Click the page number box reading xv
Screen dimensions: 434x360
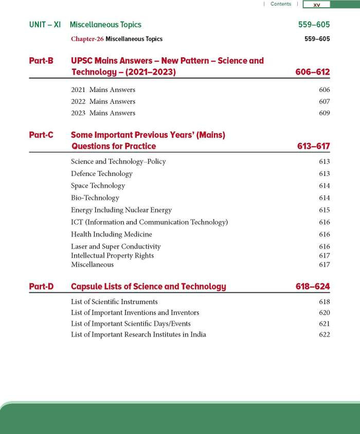click(317, 5)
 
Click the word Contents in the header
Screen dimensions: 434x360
click(281, 4)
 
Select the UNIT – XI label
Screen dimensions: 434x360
click(45, 25)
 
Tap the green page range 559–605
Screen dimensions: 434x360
click(314, 25)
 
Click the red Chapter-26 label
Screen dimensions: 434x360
click(87, 39)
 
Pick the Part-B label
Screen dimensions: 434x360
click(41, 61)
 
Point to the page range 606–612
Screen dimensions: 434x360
click(313, 73)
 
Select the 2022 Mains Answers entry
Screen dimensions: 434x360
click(103, 101)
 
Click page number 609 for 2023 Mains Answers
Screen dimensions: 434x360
click(324, 113)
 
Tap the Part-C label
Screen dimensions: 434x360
click(41, 135)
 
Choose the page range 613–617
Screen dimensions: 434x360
click(313, 147)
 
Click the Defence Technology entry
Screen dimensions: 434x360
click(101, 174)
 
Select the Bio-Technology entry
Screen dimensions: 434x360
click(95, 198)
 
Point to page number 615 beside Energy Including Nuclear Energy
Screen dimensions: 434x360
click(324, 210)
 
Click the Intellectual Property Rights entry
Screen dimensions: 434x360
click(112, 256)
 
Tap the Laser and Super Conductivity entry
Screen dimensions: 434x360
click(116, 247)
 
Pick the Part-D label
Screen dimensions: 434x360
click(41, 286)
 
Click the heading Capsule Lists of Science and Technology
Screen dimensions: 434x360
click(148, 286)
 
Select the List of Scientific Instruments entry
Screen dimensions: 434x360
click(114, 302)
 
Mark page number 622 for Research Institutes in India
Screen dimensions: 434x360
click(324, 335)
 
